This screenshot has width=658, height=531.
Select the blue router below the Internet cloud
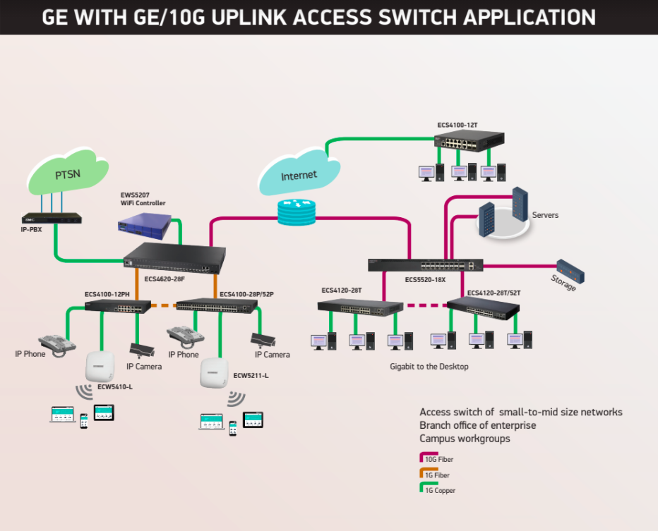(x=297, y=212)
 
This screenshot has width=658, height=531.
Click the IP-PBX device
(x=52, y=219)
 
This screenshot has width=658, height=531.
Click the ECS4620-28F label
(x=164, y=279)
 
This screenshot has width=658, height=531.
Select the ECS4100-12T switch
(x=469, y=140)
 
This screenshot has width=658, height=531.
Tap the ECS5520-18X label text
(x=425, y=279)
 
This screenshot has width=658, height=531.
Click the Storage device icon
(x=570, y=271)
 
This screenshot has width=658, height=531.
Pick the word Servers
(x=545, y=215)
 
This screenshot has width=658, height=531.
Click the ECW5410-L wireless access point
(x=100, y=366)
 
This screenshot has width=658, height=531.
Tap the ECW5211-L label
(x=251, y=376)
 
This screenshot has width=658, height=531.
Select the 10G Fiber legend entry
(x=436, y=458)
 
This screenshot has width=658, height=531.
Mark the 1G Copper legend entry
(x=437, y=489)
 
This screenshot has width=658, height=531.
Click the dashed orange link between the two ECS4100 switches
(x=164, y=305)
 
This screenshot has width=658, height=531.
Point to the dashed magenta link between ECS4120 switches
(x=426, y=305)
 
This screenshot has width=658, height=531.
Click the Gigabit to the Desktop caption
(x=429, y=367)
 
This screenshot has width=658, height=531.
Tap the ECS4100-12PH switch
(x=117, y=306)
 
